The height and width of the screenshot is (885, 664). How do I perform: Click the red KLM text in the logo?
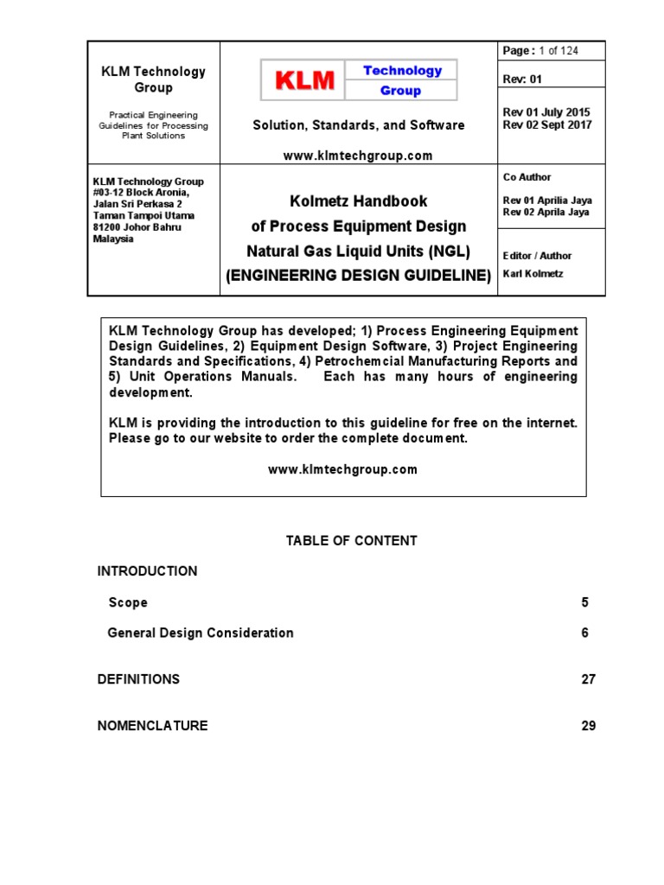304,81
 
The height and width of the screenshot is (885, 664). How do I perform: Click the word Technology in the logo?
402,71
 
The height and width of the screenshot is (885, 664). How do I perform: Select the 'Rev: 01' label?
522,80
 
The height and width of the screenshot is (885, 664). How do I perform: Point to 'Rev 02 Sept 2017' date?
547,124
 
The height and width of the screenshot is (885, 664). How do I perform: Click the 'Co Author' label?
527,177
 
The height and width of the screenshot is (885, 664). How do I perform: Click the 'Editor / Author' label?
537,256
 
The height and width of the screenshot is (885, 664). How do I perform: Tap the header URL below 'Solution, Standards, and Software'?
358,156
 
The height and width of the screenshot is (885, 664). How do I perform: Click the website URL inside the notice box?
342,470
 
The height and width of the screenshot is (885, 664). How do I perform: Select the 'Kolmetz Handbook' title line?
358,201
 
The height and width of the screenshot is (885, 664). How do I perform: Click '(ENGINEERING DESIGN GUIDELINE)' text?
358,277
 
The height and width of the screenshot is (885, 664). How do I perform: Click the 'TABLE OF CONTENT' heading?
351,541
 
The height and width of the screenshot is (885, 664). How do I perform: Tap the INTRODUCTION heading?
147,571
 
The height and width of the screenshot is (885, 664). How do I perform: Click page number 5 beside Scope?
585,602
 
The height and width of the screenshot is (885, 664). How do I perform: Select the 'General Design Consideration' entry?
201,633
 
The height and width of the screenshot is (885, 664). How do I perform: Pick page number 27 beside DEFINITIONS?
588,679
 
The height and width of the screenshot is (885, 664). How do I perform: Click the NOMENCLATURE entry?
152,726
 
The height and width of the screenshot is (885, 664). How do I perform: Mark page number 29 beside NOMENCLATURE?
588,726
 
